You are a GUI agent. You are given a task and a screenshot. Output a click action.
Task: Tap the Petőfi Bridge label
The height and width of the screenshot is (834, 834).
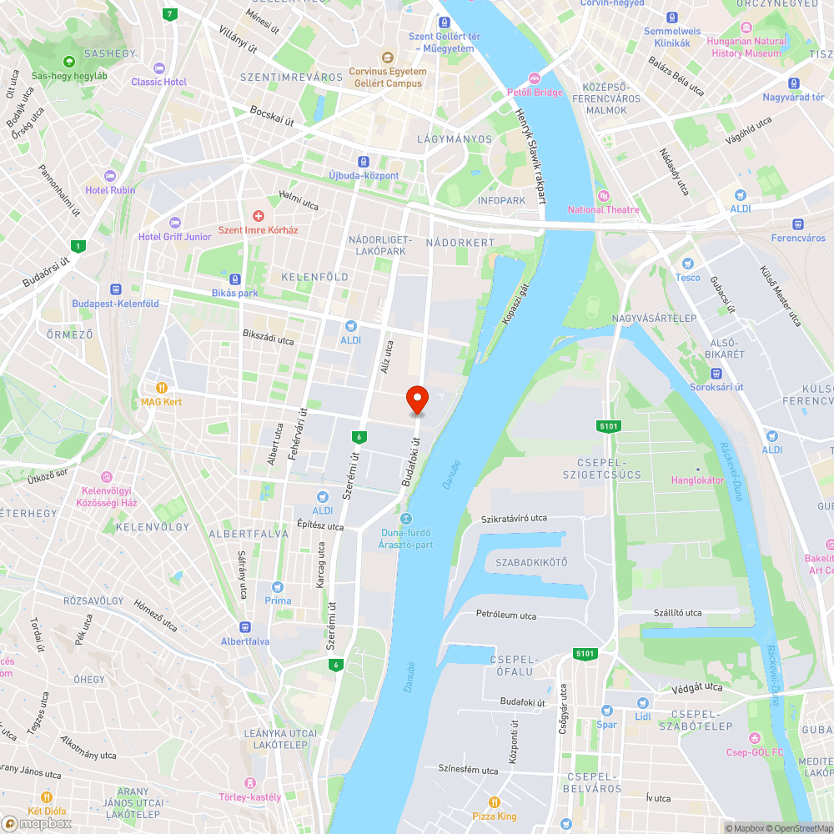pyautogui.click(x=536, y=93)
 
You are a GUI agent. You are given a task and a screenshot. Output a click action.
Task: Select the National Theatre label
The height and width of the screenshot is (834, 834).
pyautogui.click(x=603, y=209)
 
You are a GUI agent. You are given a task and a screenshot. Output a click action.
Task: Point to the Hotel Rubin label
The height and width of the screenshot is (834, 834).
pyautogui.click(x=110, y=190)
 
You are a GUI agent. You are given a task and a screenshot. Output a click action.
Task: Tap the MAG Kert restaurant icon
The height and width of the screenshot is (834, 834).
pyautogui.click(x=161, y=388)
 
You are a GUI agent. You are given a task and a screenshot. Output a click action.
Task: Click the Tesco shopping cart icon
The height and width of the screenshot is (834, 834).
pyautogui.click(x=688, y=264)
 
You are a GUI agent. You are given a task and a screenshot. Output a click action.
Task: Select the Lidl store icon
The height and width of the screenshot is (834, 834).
pyautogui.click(x=642, y=703)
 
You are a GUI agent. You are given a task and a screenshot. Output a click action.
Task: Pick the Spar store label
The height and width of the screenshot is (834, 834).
pyautogui.click(x=606, y=725)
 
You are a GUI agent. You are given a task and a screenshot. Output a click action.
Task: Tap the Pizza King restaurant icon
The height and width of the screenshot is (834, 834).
pyautogui.click(x=495, y=802)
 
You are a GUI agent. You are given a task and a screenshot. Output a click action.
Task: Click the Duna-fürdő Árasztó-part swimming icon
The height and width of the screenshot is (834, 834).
pyautogui.click(x=406, y=520)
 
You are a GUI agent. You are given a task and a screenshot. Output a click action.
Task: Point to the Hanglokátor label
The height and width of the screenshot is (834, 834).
pyautogui.click(x=698, y=480)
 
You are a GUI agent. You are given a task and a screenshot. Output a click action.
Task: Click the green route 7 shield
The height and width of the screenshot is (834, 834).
pyautogui.click(x=170, y=14)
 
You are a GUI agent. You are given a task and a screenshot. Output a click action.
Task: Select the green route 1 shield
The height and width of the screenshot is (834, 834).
pyautogui.click(x=78, y=246)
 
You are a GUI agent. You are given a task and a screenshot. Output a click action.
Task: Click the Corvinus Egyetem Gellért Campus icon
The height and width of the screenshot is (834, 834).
pyautogui.click(x=387, y=58)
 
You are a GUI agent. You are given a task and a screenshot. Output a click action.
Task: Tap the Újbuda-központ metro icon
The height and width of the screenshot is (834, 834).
pyautogui.click(x=363, y=162)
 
